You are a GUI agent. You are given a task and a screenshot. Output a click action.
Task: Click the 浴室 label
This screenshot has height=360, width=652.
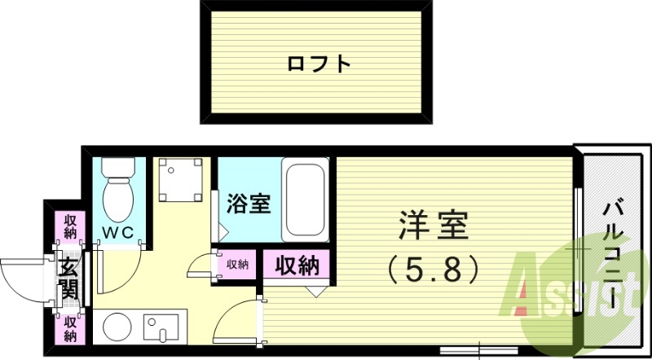(249, 204)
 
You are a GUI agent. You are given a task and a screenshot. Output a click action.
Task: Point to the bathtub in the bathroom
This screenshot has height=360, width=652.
(305, 200)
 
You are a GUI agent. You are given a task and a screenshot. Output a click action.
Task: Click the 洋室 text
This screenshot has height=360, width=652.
(433, 225)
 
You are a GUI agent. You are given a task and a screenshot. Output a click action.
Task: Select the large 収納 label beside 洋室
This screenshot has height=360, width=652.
(296, 266)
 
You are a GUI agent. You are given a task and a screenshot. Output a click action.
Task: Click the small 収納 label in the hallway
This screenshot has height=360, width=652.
(237, 264)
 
